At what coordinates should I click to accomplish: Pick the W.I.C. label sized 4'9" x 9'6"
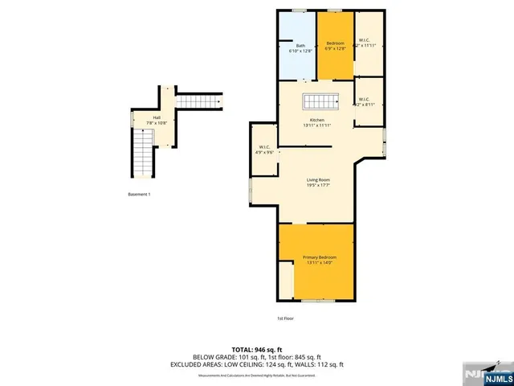264,149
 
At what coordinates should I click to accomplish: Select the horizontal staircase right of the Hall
197,101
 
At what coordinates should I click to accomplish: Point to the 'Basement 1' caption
139,195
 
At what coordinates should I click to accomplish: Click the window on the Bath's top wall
299,10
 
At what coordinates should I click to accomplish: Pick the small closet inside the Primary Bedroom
286,281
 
